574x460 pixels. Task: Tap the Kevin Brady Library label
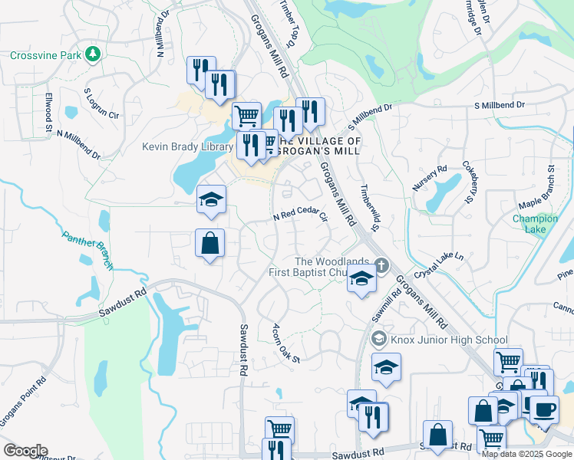click(x=187, y=147)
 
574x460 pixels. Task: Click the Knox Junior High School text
click(x=449, y=340)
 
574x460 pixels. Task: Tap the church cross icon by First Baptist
click(x=381, y=266)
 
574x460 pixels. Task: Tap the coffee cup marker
click(x=545, y=409)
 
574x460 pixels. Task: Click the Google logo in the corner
click(x=25, y=451)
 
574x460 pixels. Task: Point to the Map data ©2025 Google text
click(x=526, y=454)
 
